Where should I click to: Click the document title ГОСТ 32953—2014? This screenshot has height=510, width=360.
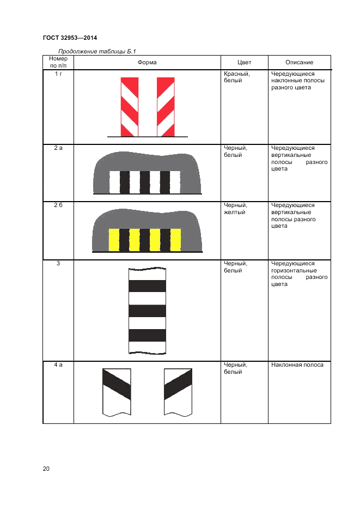tap(70, 38)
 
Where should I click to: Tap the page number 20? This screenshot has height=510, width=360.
tap(46, 469)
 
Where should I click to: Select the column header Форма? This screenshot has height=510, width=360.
tap(147, 62)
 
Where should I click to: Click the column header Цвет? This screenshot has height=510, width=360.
tap(244, 62)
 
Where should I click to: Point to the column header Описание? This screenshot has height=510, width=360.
tap(299, 62)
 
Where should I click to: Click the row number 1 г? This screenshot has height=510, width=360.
tap(58, 74)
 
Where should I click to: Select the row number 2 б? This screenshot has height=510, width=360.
tap(58, 205)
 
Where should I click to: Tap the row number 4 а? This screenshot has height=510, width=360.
tap(58, 365)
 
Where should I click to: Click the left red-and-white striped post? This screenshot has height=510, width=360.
tap(130, 107)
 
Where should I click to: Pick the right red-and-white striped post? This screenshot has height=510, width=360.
tap(166, 107)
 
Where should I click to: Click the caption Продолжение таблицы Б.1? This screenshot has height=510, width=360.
tap(97, 51)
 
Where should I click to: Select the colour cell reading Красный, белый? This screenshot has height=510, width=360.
tap(237, 77)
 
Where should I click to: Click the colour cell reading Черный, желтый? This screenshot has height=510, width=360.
tap(235, 209)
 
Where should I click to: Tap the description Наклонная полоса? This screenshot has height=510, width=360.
tap(297, 365)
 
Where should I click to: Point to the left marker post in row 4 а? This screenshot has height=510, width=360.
tap(117, 392)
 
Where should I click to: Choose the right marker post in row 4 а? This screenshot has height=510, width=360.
tap(178, 392)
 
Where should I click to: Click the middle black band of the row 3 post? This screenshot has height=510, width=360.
tap(147, 311)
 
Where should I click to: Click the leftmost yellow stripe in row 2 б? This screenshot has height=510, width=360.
tap(114, 240)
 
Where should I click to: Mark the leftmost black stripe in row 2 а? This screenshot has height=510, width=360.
tap(125, 182)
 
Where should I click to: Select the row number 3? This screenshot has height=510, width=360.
tap(58, 263)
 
